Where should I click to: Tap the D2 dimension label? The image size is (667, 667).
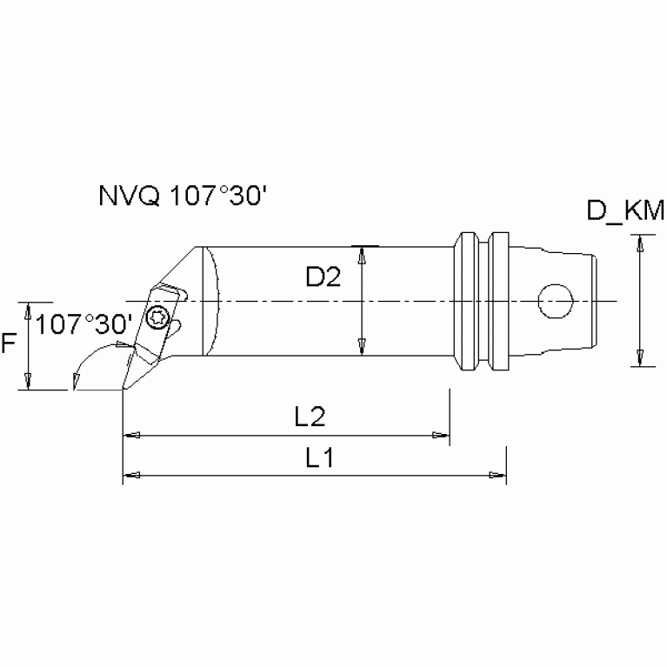323,278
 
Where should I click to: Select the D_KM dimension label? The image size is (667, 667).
624,210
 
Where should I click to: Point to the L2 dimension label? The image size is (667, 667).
309,418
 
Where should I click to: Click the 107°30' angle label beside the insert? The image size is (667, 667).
85,324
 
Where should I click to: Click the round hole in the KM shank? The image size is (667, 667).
556,302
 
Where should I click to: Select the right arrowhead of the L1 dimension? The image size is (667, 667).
497,475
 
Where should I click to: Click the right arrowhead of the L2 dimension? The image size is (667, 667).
441,435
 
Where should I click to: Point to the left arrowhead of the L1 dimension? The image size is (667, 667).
131,475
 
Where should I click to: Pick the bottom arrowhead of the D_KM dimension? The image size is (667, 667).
640,358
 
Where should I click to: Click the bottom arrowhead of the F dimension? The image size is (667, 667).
29,382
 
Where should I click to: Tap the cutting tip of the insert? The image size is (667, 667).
123,389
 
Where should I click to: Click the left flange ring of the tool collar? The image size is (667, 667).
468,301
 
